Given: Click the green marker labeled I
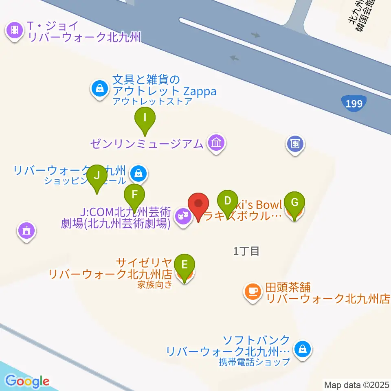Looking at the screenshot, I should click(145, 119).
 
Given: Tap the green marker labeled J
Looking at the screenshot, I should click(97, 176).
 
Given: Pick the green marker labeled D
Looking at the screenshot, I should click(228, 201).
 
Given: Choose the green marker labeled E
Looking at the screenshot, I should click(184, 265).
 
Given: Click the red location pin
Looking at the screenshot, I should click(199, 204).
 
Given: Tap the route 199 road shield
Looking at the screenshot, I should click(354, 104).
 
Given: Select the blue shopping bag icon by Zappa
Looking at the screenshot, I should click(99, 87).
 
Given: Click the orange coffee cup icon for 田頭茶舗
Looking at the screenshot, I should click(253, 291).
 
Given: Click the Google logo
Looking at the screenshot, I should click(27, 381).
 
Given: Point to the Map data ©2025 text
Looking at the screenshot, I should click(357, 384).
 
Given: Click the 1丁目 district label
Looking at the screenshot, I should click(246, 251).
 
